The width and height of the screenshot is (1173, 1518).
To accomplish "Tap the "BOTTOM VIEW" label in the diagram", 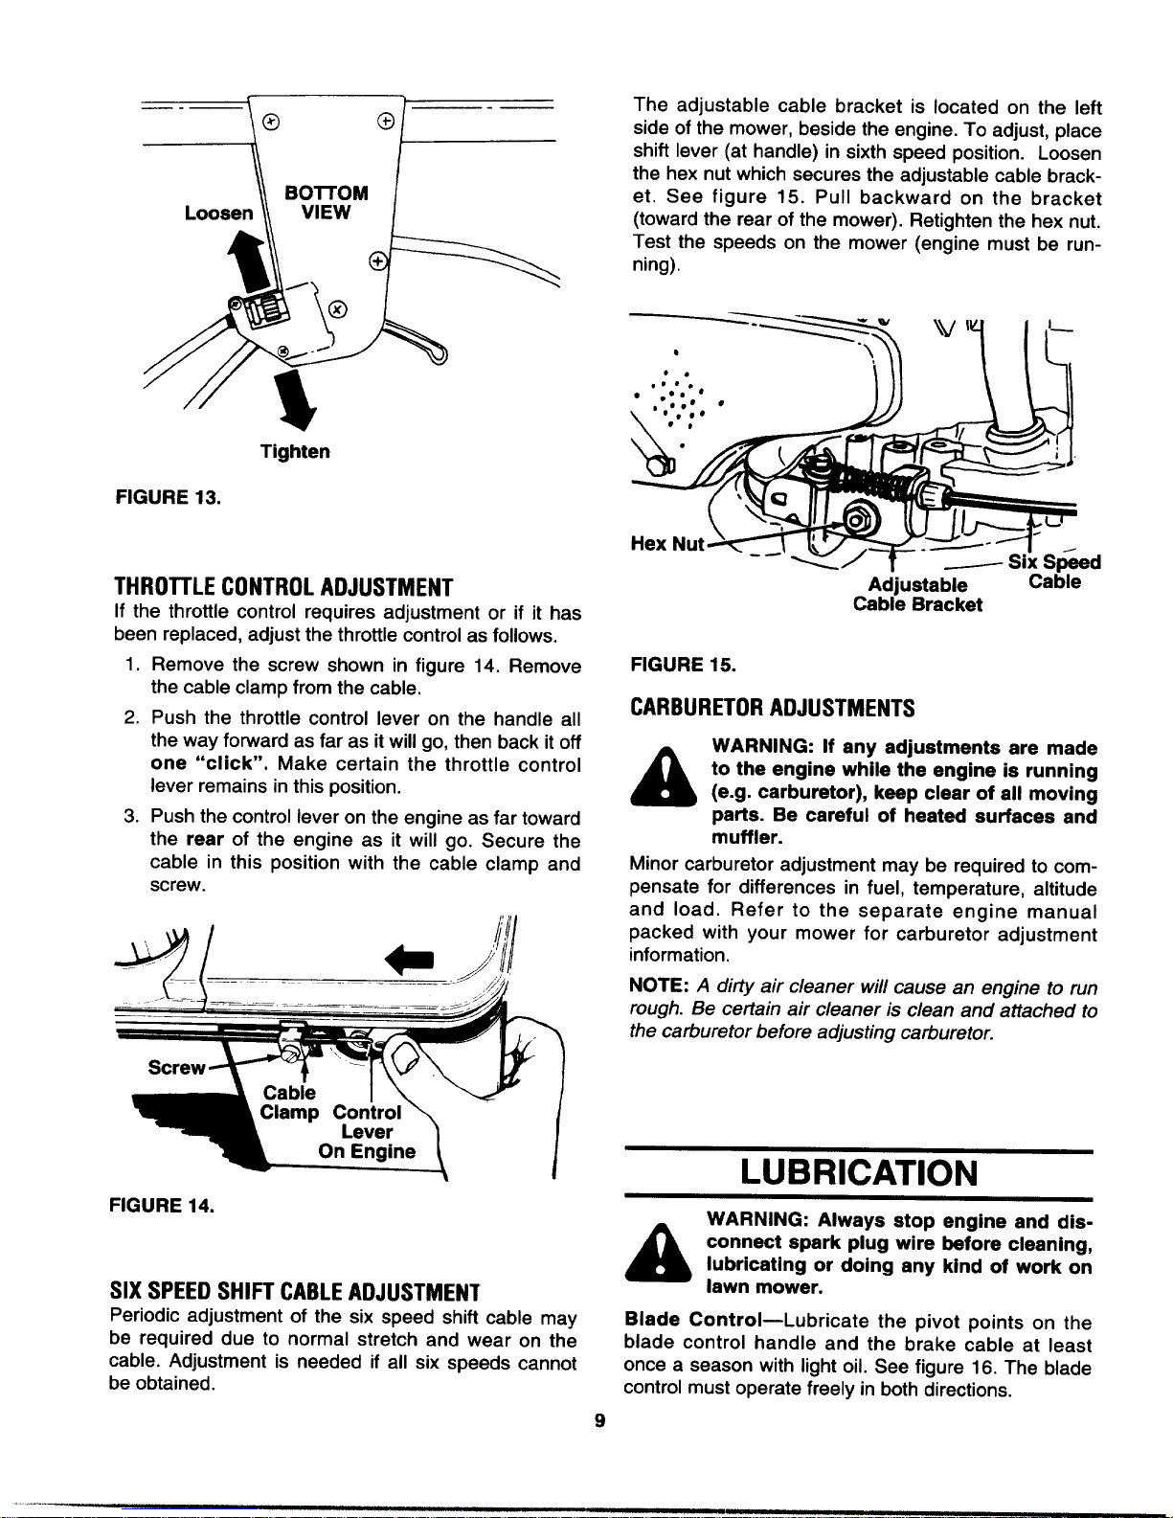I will coord(326,202).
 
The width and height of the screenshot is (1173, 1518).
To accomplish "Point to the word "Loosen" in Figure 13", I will coord(220,213).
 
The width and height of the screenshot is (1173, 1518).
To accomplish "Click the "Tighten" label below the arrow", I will coord(295,451).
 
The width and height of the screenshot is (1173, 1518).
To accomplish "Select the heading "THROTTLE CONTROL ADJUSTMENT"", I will coord(282,586).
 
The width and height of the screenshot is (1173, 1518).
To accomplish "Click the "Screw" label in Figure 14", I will coord(176,1067).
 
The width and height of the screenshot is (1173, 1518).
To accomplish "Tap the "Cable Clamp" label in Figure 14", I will coord(289,1102).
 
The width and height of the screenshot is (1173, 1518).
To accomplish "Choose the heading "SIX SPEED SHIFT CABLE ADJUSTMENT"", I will coord(294,1292).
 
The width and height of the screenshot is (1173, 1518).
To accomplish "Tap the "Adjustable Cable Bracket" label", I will coord(917,595).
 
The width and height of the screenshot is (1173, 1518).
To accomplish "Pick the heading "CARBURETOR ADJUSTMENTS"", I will coord(772,709).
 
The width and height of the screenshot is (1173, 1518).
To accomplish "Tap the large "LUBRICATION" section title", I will coord(859,1172).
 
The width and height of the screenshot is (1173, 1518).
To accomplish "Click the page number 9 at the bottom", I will coord(599,1421).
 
